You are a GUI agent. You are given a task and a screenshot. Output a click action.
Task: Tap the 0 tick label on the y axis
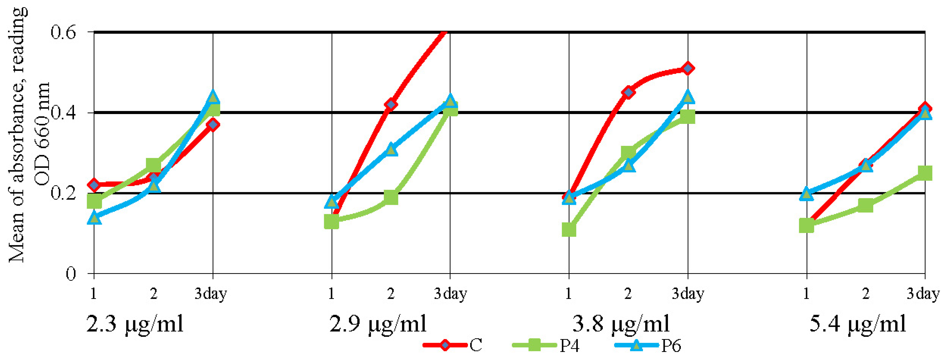71,274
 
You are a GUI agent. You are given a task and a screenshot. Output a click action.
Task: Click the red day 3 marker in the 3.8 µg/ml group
688,68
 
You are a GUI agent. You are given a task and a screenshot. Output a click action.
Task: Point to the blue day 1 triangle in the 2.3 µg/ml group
94,218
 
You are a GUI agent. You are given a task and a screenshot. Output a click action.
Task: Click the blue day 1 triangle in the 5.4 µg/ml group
806,194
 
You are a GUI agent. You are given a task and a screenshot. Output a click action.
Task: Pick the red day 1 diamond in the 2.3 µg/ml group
94,185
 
